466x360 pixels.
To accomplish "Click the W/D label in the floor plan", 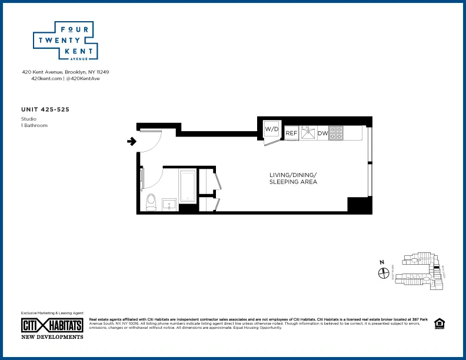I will tap(271, 129).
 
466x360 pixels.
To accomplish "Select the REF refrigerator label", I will tap(291, 134).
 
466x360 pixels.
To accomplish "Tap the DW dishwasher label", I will tap(322, 134).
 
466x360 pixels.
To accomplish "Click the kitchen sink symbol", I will tap(308, 133).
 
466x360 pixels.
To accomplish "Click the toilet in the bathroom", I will tap(151, 202).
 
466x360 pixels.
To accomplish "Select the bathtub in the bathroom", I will tap(188, 185).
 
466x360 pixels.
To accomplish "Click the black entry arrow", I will tap(132, 141).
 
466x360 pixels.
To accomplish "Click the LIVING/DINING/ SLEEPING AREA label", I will tap(293, 178).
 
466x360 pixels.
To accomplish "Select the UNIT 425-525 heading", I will tap(46, 109).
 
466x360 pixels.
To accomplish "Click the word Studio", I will tap(28, 119).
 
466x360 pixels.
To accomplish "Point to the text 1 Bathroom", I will tap(34, 125).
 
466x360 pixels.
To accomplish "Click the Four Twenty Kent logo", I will tap(65, 41).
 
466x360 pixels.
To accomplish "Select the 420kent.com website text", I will tap(46, 78).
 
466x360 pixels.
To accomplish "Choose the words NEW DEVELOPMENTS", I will tap(52, 337).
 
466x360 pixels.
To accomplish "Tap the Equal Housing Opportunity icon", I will tap(438, 323).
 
